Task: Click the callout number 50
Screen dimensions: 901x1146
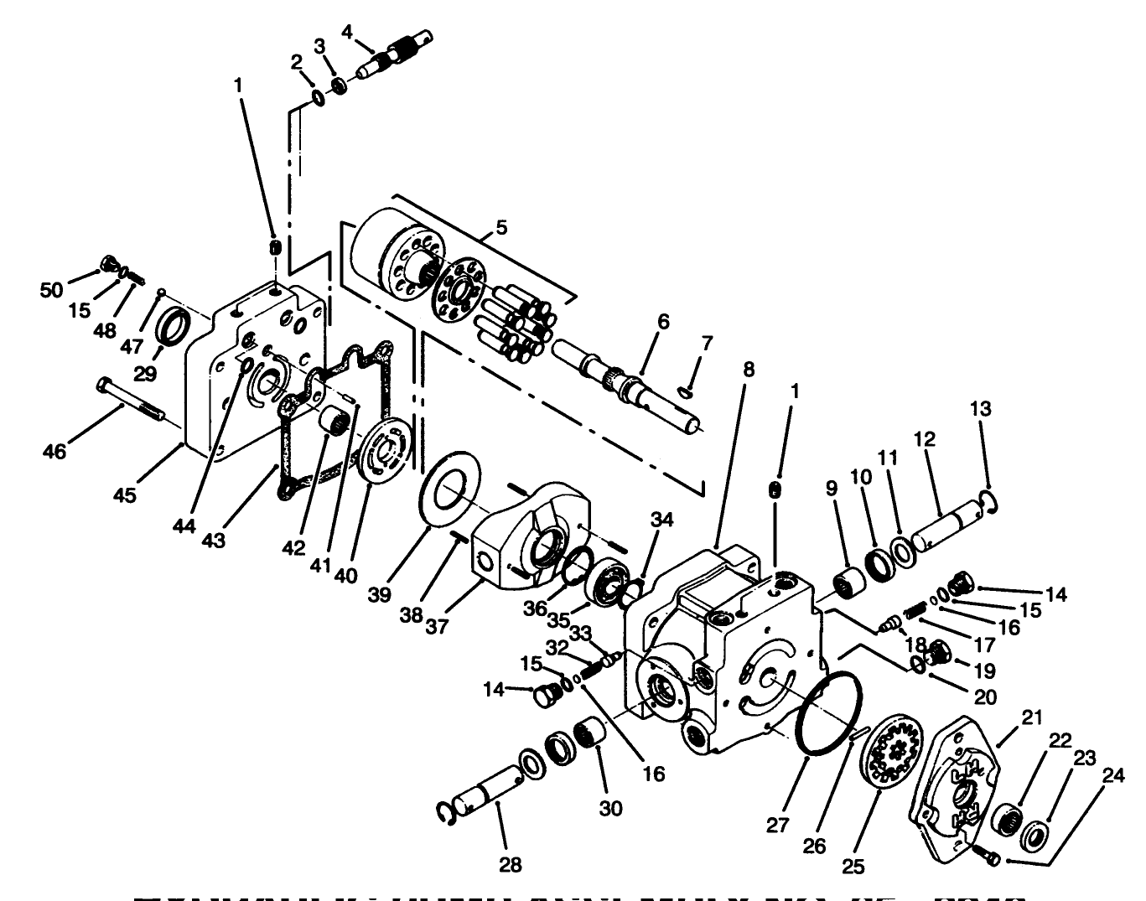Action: pos(52,290)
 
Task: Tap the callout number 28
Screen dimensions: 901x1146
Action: pos(510,865)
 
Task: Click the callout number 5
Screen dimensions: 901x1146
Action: pos(501,227)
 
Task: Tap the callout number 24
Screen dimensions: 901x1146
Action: pos(1112,775)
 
